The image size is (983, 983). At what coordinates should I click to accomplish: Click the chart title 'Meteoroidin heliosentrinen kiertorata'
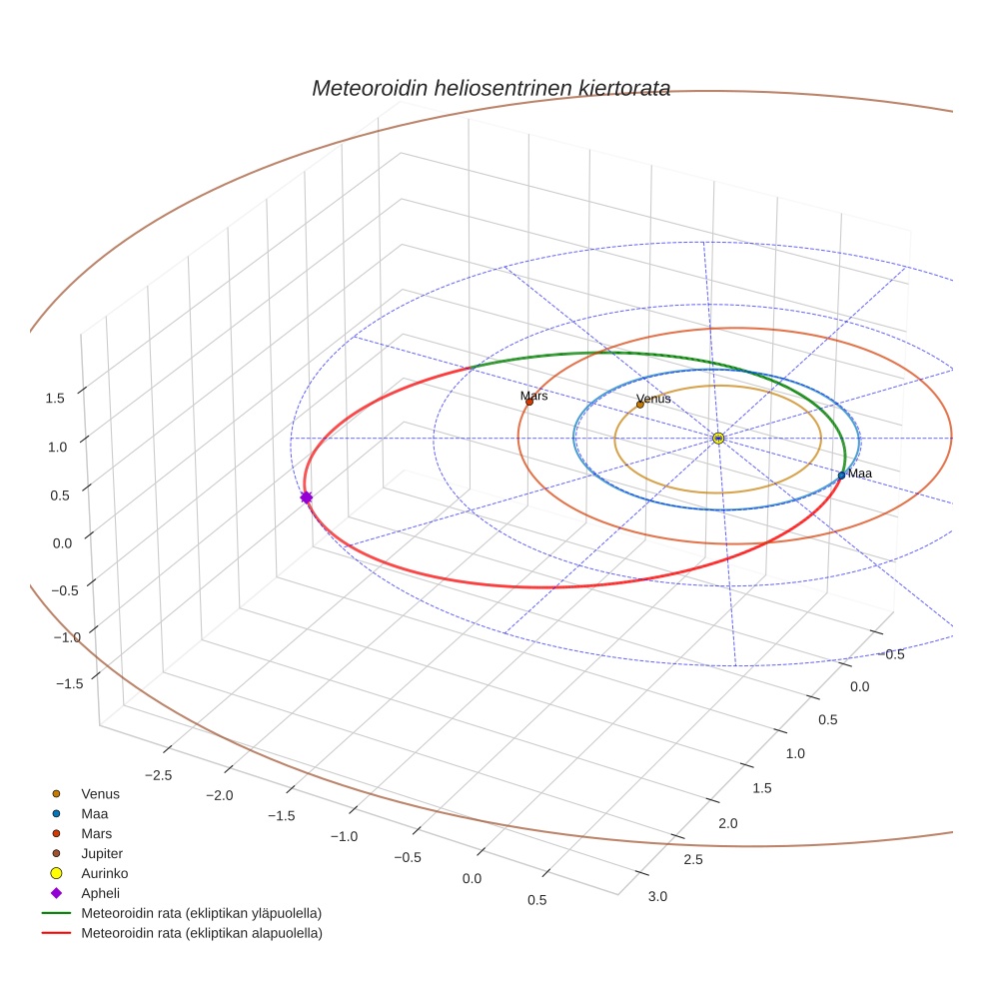tap(491, 88)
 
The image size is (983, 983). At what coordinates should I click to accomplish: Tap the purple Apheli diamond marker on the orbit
tap(306, 496)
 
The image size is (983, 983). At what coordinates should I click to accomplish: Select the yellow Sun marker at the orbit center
tap(718, 438)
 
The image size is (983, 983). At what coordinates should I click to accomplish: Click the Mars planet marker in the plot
tap(529, 402)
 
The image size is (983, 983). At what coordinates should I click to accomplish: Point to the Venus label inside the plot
tap(653, 399)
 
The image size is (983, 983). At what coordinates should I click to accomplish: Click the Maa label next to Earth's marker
tap(859, 473)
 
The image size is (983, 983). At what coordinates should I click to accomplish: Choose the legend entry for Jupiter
tap(101, 853)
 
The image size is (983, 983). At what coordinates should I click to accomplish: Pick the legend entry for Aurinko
tap(101, 873)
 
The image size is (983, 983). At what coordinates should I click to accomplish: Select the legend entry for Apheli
tap(100, 893)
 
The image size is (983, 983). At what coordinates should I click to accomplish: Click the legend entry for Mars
tap(96, 833)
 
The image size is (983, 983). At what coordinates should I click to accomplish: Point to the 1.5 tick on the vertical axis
tap(55, 398)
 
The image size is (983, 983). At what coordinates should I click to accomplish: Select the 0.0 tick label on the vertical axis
tap(61, 541)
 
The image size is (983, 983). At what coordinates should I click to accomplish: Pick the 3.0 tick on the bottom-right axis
tap(657, 896)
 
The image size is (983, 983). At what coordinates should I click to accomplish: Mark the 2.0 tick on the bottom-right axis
tap(727, 822)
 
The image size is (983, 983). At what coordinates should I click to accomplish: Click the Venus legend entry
tap(100, 793)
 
